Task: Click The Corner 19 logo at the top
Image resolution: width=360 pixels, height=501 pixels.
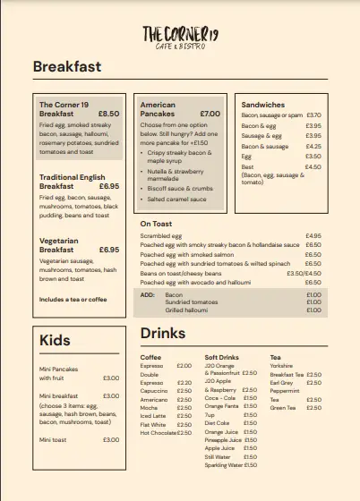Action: pos(180,36)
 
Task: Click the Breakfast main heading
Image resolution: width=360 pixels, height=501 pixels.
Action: pos(67,66)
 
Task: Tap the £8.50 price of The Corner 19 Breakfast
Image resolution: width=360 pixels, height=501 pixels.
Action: pos(108,114)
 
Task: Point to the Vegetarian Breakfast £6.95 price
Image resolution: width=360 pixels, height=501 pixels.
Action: pos(108,250)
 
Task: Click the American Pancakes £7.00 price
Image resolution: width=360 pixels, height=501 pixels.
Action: pos(210,114)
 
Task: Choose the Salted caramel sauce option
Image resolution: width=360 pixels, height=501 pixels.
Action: pos(176,199)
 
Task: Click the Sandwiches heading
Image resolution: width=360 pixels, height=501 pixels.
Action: pos(263,105)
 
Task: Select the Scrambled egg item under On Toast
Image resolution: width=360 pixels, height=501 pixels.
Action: pos(161,235)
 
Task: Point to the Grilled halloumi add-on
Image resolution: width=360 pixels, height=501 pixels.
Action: pos(185,311)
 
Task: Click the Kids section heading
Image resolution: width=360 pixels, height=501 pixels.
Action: pos(55,340)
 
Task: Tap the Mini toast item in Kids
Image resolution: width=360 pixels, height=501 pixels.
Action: pos(54,439)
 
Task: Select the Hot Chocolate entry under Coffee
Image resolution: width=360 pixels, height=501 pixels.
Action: pos(158,432)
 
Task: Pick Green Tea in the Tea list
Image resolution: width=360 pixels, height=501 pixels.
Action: pos(283,408)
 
